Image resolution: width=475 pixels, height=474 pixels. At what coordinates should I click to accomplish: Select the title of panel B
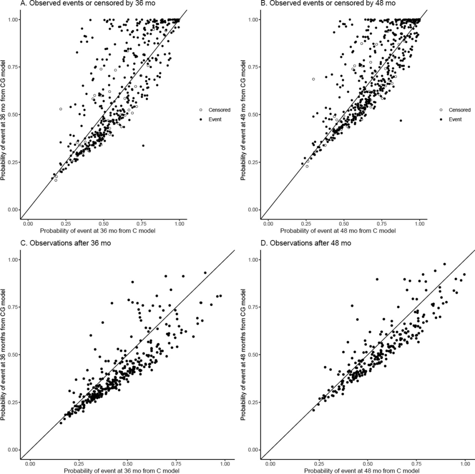[x=328, y=4]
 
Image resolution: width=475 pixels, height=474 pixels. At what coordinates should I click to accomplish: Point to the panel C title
[x=66, y=243]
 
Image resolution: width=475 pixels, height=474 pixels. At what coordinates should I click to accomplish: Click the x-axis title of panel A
[x=98, y=231]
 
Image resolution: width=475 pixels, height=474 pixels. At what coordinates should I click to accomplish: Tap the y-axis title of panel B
[x=243, y=120]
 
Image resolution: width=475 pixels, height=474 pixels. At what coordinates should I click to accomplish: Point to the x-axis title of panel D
[x=362, y=470]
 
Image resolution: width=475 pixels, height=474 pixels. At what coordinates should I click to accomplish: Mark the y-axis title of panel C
[x=3, y=355]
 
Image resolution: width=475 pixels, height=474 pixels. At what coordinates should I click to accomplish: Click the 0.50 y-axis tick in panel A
[x=13, y=114]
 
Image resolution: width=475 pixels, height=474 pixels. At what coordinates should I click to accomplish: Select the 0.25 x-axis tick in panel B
[x=306, y=224]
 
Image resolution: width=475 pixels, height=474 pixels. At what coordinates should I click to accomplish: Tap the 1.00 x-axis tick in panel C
[x=225, y=464]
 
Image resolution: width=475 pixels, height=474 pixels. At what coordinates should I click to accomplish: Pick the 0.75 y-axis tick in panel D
[x=254, y=307]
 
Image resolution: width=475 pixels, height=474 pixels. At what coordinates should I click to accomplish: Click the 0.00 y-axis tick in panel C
[x=13, y=450]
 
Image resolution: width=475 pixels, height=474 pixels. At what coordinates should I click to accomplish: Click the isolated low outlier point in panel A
[x=143, y=146]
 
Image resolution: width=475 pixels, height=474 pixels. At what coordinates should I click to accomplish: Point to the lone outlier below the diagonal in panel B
[x=401, y=120]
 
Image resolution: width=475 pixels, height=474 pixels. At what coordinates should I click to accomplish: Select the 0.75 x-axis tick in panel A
[x=142, y=224]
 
